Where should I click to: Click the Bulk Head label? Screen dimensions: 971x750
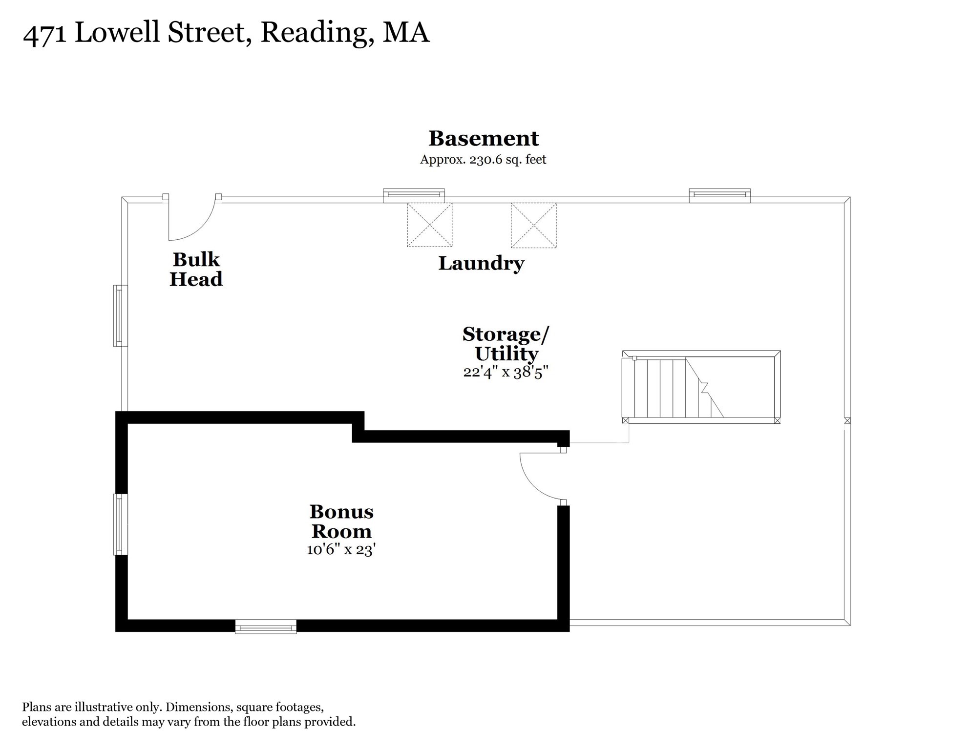click(x=196, y=269)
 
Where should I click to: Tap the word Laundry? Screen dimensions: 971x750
click(x=481, y=264)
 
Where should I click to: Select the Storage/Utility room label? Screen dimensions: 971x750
click(x=506, y=344)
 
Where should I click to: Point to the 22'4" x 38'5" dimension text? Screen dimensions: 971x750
click(x=506, y=372)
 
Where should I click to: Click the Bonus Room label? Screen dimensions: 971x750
click(x=341, y=521)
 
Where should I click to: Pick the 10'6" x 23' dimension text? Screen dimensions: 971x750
click(x=341, y=549)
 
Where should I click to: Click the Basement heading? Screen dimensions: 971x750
click(x=484, y=138)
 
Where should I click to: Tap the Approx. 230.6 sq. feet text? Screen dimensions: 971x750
click(x=483, y=160)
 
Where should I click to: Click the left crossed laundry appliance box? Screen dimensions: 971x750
click(x=430, y=225)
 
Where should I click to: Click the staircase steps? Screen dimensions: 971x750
click(x=672, y=388)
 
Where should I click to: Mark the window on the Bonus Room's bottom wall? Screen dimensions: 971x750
click(x=266, y=626)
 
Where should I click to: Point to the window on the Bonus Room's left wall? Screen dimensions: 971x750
click(x=121, y=524)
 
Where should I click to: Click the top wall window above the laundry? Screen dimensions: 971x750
click(x=414, y=196)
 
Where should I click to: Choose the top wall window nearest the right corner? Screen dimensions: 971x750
click(x=719, y=196)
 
